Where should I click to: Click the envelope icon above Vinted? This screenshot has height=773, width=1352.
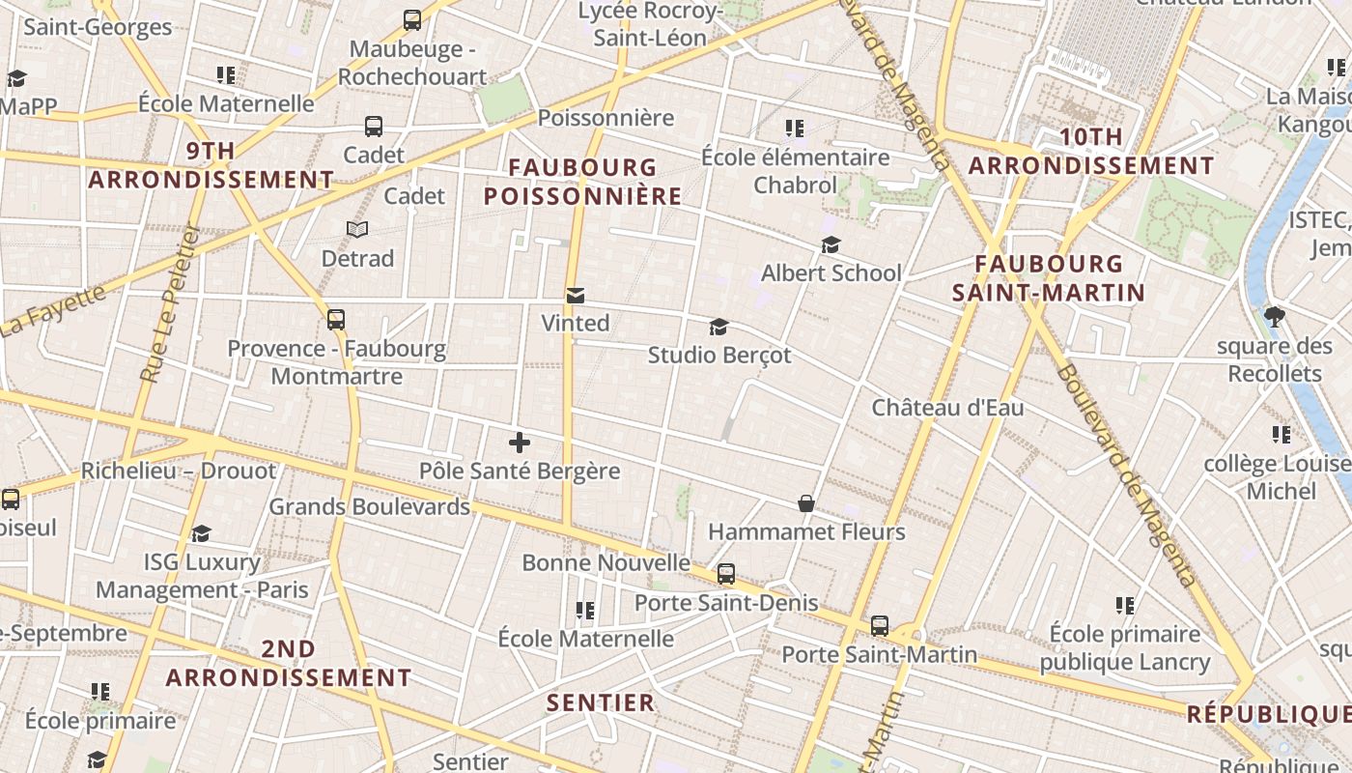576,295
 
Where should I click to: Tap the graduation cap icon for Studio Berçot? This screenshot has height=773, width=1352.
718,328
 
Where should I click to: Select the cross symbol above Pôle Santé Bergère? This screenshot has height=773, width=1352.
520,443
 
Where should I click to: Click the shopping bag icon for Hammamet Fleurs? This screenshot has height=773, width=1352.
806,503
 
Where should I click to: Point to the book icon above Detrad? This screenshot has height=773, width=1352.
357,230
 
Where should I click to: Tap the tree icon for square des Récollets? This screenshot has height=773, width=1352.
1275,316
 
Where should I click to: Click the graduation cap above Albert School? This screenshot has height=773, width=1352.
831,245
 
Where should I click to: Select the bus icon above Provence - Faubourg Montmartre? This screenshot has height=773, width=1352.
336,319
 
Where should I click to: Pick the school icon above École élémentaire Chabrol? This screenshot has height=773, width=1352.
795,129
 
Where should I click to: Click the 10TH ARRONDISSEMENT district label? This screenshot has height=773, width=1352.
1091,152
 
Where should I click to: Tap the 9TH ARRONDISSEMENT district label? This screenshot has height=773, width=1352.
211,165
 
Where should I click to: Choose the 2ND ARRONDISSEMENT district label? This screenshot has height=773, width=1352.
289,664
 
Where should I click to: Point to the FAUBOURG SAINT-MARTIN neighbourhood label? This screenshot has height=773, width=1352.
1049,278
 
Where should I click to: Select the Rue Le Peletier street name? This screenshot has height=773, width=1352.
170,305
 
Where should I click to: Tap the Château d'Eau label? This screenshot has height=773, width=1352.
947,408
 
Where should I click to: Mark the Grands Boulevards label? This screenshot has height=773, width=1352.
369,506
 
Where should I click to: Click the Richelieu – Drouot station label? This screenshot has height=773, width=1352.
179,471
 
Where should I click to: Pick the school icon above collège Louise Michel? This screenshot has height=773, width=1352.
1282,434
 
